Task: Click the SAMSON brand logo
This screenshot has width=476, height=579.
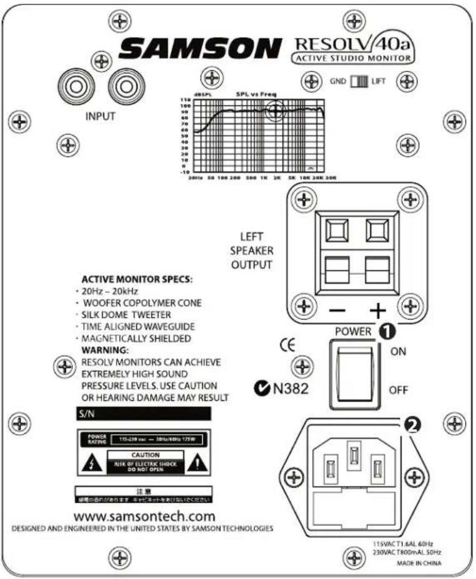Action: [x=200, y=48]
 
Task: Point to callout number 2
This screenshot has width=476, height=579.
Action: [x=411, y=425]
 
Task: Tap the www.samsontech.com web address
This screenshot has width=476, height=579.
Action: [x=143, y=516]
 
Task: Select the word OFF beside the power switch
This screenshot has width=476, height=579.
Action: [x=398, y=390]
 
